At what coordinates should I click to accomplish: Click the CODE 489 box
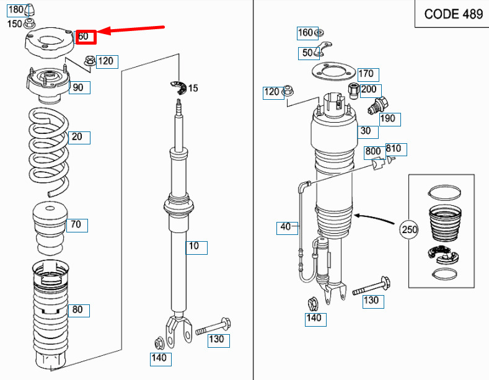click(x=453, y=14)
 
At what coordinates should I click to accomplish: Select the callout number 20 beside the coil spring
click(x=77, y=137)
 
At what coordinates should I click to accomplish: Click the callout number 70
click(x=76, y=224)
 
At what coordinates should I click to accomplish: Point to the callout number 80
click(x=77, y=309)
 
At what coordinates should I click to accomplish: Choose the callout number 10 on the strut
click(x=194, y=247)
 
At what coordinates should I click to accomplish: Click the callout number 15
click(x=193, y=89)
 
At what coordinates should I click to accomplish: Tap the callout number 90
click(x=77, y=87)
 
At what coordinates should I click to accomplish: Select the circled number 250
click(x=409, y=229)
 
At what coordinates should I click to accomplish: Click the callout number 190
click(x=387, y=118)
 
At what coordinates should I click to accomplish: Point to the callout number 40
click(x=285, y=227)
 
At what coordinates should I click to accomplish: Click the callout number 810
click(x=394, y=149)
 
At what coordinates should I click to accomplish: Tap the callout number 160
click(x=306, y=33)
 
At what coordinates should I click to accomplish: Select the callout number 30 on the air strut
click(x=366, y=131)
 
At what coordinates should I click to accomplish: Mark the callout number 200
click(x=369, y=89)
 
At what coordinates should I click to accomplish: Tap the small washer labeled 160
click(x=319, y=32)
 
